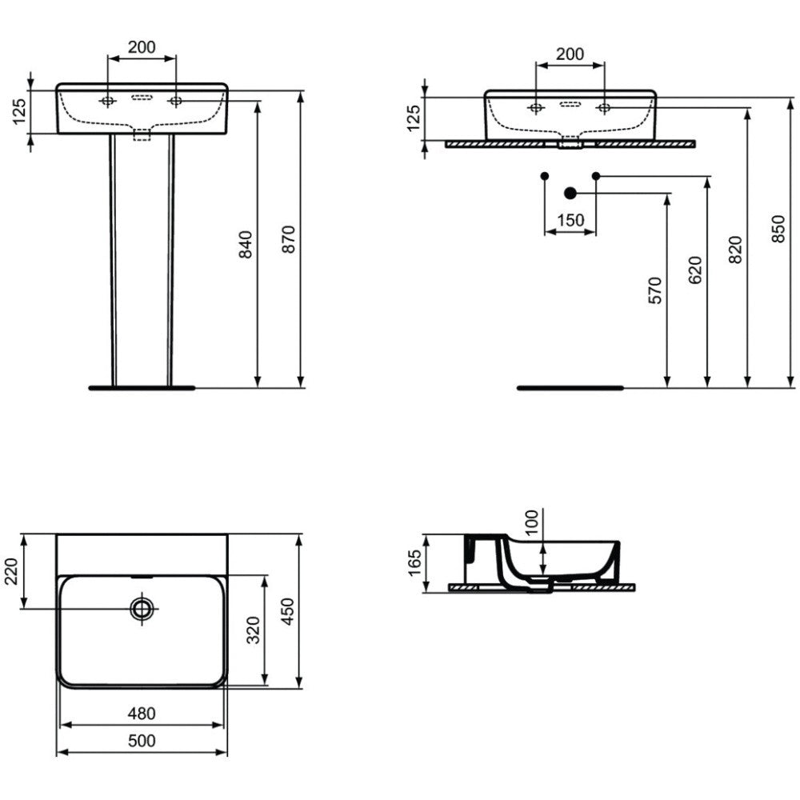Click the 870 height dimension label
tap(289, 239)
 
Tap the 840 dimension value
tap(246, 244)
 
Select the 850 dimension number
tap(778, 229)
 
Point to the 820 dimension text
tap(735, 250)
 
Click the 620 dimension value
tap(695, 270)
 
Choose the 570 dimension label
tap(655, 290)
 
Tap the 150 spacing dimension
tap(570, 221)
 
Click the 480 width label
tap(142, 714)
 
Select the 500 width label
tap(142, 740)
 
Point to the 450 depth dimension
tap(288, 611)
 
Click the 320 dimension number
tap(254, 630)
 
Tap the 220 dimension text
tap(11, 571)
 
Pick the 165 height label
tap(414, 562)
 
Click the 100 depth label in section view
tap(532, 522)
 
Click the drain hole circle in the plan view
tap(142, 608)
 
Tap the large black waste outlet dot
tap(570, 194)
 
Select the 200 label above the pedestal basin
tap(142, 47)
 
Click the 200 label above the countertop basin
tap(570, 54)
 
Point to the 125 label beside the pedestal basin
tap(19, 112)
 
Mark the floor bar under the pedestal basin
tap(142, 388)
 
